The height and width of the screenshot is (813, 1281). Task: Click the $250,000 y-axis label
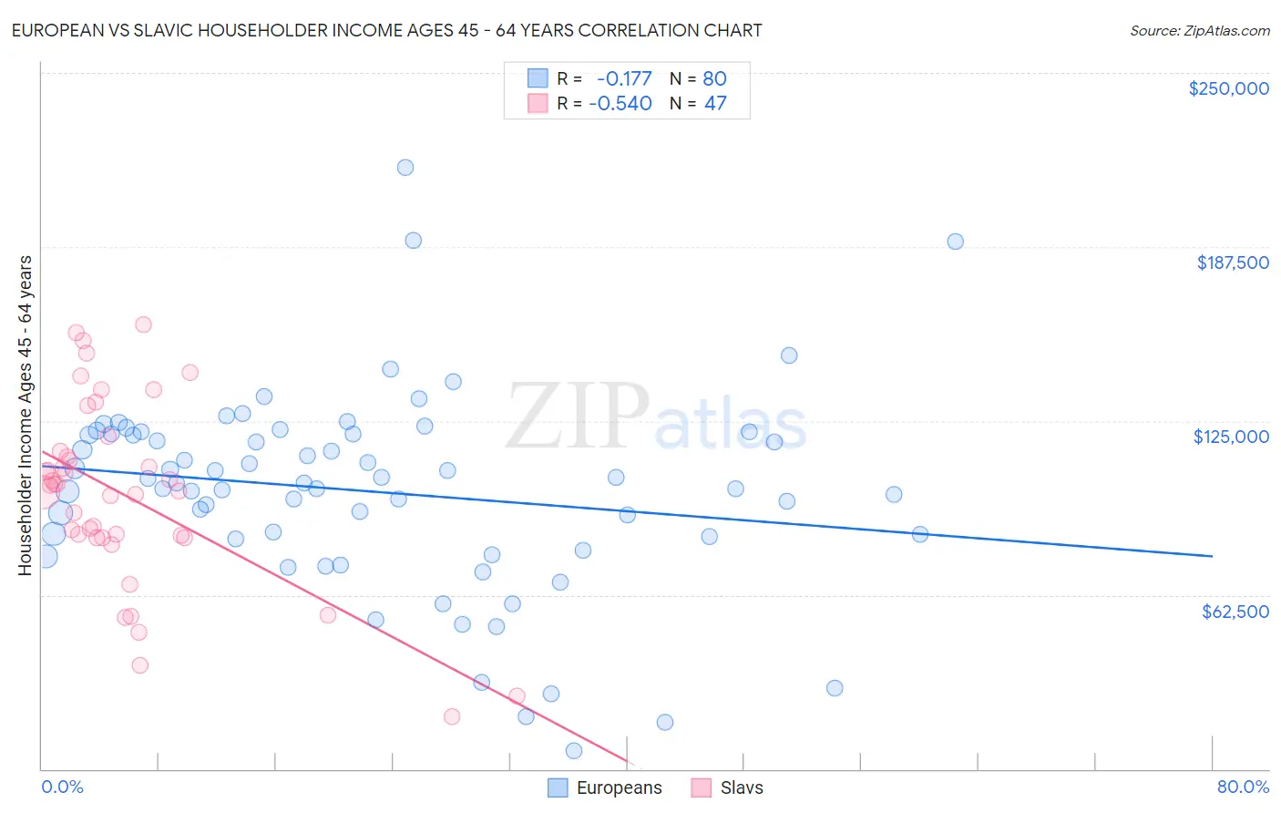pos(1228,88)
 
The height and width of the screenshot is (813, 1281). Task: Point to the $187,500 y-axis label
pos(1232,262)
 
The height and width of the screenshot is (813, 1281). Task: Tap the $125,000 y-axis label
pos(1231,437)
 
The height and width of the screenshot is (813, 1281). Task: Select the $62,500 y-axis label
pos(1235,612)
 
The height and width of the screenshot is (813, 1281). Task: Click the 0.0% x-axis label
pos(62,787)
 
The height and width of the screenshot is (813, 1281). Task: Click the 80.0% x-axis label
pos(1243,787)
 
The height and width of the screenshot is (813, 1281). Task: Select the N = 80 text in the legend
pos(698,79)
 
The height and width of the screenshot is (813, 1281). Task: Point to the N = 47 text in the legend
pos(698,104)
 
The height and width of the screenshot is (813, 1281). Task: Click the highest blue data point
pos(405,168)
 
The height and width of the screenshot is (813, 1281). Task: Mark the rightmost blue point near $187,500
pos(955,242)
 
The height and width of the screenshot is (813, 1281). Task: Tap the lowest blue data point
pos(574,751)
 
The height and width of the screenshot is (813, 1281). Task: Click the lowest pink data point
pos(452,716)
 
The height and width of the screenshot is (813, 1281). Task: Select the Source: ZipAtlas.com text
pos(1199,31)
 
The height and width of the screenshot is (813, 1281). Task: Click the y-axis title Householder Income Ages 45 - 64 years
pos(25,415)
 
